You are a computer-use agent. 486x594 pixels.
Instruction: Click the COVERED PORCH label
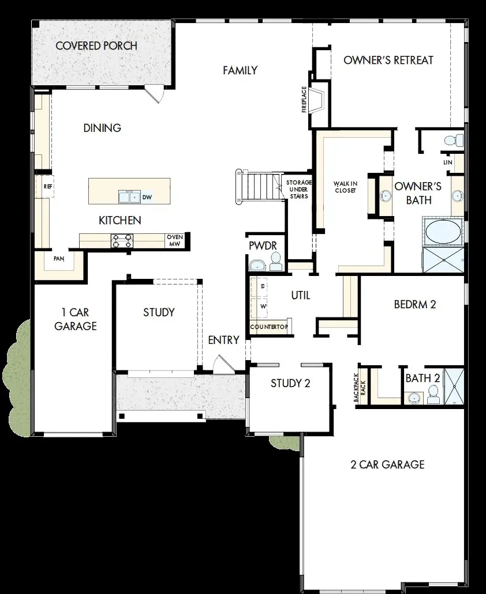pyautogui.click(x=96, y=46)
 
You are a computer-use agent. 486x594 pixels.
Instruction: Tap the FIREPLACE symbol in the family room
pyautogui.click(x=316, y=101)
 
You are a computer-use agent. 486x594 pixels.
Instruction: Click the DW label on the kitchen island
pyautogui.click(x=147, y=197)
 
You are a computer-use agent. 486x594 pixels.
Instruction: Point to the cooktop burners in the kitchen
pyautogui.click(x=122, y=241)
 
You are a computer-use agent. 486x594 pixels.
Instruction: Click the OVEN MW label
pyautogui.click(x=175, y=241)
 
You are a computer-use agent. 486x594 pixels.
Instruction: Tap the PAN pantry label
pyautogui.click(x=59, y=259)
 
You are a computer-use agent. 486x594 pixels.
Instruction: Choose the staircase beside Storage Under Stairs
pyautogui.click(x=257, y=186)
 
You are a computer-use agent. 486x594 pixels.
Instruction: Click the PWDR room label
pyautogui.click(x=263, y=246)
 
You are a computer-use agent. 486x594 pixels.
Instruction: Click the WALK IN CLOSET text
pyautogui.click(x=345, y=188)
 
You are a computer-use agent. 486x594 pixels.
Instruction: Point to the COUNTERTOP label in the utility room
pyautogui.click(x=268, y=327)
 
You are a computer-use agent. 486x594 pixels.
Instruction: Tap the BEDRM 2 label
pyautogui.click(x=415, y=304)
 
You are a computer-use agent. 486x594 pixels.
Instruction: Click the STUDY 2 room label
pyautogui.click(x=290, y=383)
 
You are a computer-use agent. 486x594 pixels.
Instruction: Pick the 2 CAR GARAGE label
pyautogui.click(x=387, y=464)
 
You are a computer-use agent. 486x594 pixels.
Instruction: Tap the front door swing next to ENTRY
pyautogui.click(x=222, y=364)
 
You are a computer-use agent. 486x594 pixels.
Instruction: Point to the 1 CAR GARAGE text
pyautogui.click(x=75, y=319)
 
